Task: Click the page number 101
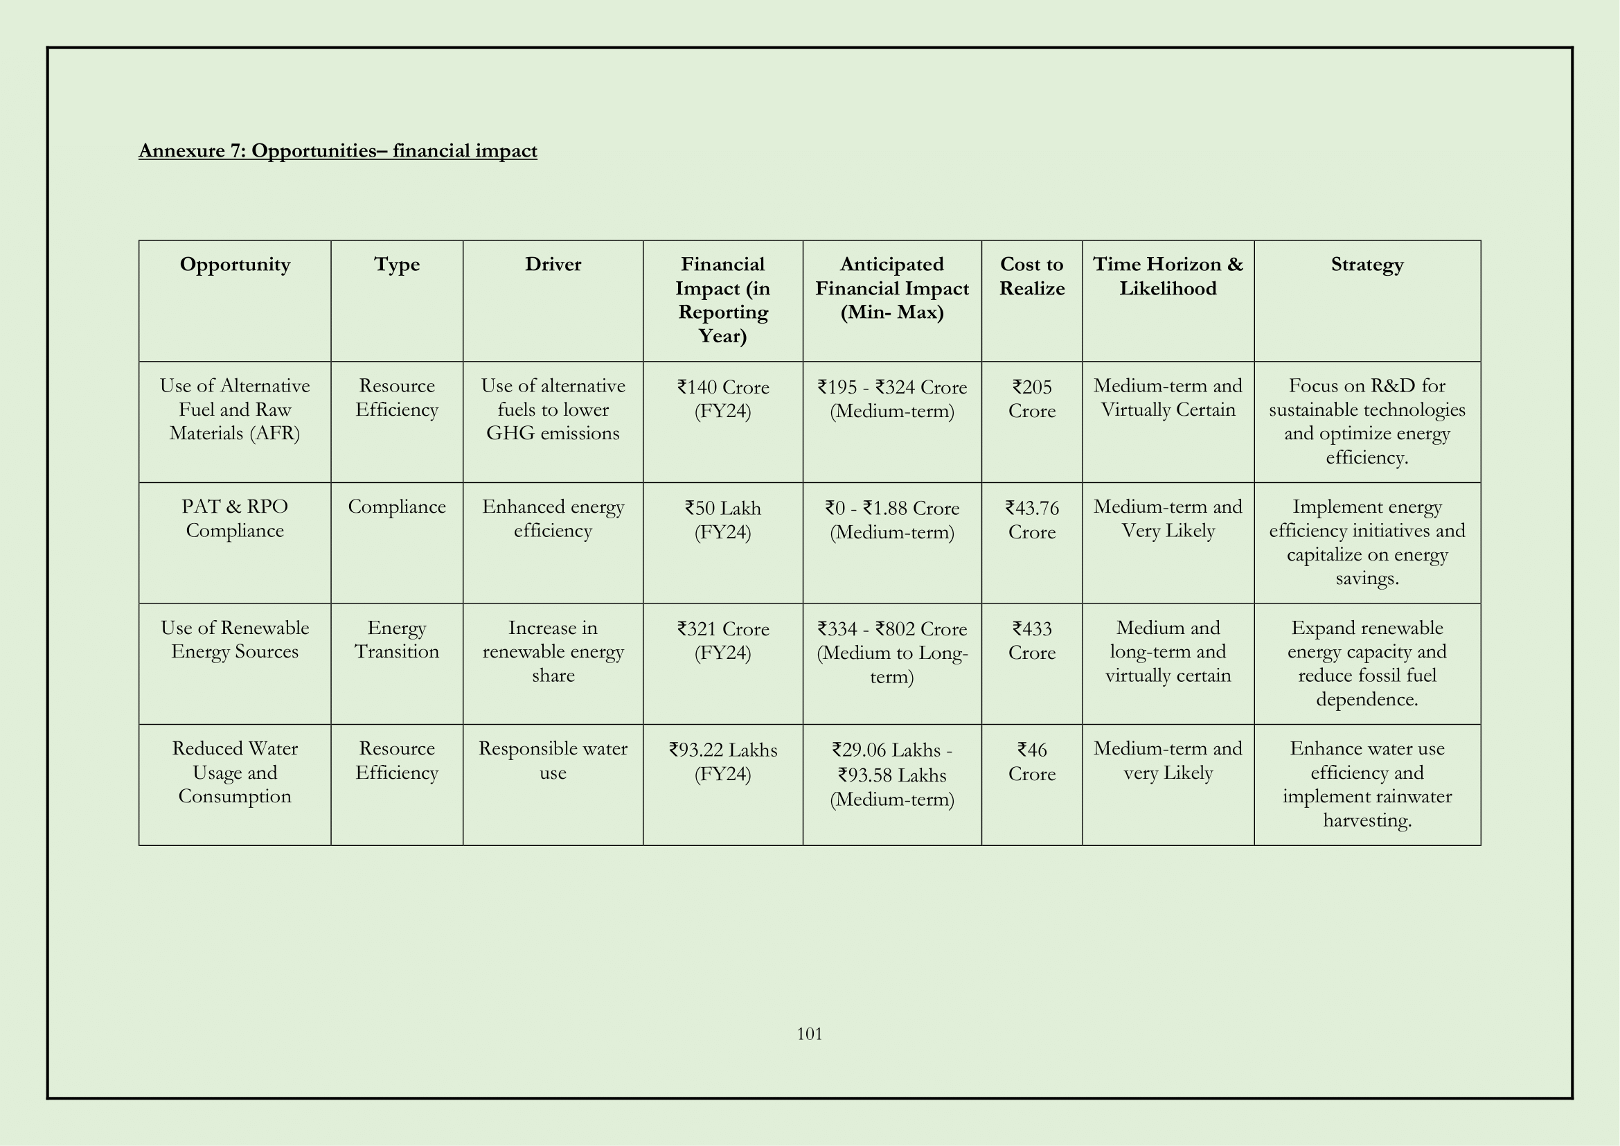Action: (809, 1034)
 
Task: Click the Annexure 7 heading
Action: (337, 151)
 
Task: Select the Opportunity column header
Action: (235, 265)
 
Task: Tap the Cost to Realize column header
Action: (1031, 276)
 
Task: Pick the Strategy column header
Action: (1367, 265)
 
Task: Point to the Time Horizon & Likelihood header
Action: (1168, 276)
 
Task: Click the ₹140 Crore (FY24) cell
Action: (722, 398)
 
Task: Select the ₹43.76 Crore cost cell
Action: (1031, 520)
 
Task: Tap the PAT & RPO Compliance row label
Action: (235, 519)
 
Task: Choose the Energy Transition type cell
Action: (397, 640)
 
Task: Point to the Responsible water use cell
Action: (553, 760)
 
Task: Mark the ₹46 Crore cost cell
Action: (1031, 761)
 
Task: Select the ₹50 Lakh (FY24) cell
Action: (722, 520)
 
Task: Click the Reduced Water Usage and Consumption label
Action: (235, 772)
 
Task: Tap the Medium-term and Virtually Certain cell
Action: (1168, 397)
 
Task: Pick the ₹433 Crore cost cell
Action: (1031, 640)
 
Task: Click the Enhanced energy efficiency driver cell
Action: (553, 519)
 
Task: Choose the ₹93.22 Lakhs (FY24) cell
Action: (722, 761)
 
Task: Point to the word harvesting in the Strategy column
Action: (1367, 820)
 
